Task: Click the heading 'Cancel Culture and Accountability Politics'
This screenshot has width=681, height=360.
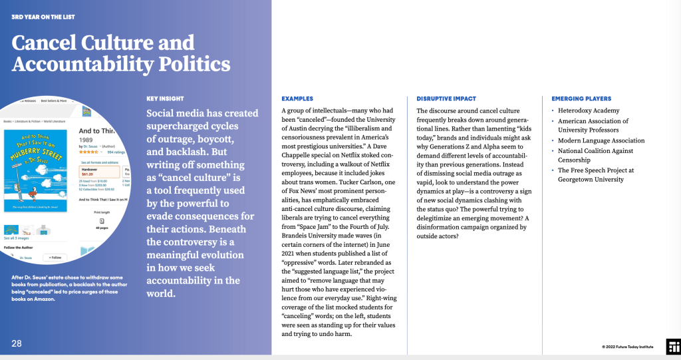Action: pos(121,53)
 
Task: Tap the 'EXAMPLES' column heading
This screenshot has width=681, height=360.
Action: pos(297,99)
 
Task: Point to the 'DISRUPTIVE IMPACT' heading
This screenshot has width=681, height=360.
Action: pos(446,99)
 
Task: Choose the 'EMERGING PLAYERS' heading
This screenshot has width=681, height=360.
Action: pos(581,99)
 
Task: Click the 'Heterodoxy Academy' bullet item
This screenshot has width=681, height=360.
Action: pos(589,110)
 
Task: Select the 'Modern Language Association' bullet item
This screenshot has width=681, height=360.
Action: pos(601,140)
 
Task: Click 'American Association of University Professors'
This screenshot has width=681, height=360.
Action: pos(593,126)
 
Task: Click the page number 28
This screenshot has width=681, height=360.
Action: pos(17,343)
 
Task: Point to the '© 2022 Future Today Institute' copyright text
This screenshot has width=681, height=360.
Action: pos(628,347)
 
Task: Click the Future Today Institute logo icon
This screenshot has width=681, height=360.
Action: pos(673,345)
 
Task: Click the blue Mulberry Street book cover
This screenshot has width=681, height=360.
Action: pos(36,172)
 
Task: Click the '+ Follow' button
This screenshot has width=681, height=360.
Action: pos(55,258)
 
